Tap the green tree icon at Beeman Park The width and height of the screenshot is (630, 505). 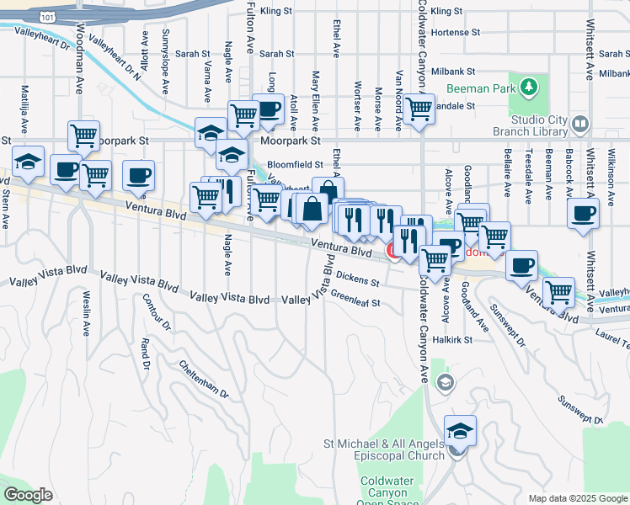(x=528, y=86)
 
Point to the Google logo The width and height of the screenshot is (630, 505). (x=29, y=495)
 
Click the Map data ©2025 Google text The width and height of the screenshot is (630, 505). (x=579, y=498)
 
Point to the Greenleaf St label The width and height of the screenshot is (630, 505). (x=355, y=297)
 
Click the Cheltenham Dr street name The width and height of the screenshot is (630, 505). (x=203, y=380)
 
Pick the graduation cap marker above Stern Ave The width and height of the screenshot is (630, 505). (x=29, y=162)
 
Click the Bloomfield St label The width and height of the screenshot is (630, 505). (x=295, y=165)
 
